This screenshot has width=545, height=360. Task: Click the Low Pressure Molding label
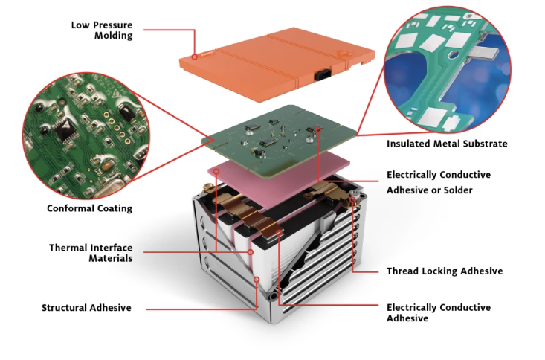pyautogui.click(x=102, y=30)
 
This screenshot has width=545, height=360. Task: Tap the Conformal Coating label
pyautogui.click(x=90, y=208)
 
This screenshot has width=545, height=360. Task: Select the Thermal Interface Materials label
pyautogui.click(x=91, y=253)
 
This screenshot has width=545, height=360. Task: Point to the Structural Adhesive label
pyautogui.click(x=86, y=308)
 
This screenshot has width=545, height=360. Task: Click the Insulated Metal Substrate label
pyautogui.click(x=447, y=144)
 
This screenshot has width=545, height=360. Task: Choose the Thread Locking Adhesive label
pyautogui.click(x=445, y=271)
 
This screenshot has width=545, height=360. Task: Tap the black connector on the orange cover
pyautogui.click(x=323, y=75)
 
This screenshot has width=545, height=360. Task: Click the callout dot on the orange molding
pyautogui.click(x=195, y=57)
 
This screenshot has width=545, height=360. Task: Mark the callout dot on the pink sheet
pyautogui.click(x=216, y=171)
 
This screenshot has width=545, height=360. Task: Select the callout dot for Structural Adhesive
pyautogui.click(x=257, y=280)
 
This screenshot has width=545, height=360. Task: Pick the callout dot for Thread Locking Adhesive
pyautogui.click(x=352, y=199)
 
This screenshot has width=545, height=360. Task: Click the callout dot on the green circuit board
pyautogui.click(x=318, y=129)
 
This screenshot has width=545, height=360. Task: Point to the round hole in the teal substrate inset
pyautogui.click(x=454, y=54)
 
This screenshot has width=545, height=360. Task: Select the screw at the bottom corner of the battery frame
pyautogui.click(x=274, y=297)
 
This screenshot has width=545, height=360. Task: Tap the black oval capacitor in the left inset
pyautogui.click(x=126, y=112)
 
